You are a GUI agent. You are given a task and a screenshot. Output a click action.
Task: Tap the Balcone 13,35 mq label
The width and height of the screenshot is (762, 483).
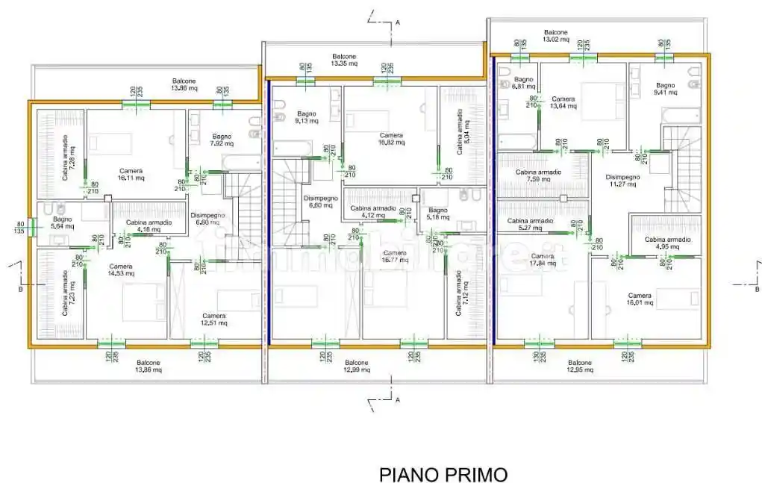(x=344, y=60)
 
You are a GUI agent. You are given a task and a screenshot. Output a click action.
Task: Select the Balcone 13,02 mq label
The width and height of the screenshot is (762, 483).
(x=555, y=37)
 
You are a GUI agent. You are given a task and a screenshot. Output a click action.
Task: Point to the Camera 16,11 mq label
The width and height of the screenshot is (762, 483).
(x=130, y=175)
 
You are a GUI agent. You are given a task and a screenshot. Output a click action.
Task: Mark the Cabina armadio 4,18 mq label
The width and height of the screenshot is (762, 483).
(x=149, y=226)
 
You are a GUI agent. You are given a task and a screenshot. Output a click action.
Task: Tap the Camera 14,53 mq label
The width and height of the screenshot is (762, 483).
(x=120, y=270)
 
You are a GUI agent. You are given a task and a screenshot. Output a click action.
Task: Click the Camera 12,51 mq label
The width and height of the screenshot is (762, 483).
(x=213, y=320)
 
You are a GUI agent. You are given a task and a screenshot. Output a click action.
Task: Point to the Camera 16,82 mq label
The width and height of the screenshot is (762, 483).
(x=391, y=139)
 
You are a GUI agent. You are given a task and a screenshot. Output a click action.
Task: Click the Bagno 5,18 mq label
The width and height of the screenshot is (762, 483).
(x=438, y=214)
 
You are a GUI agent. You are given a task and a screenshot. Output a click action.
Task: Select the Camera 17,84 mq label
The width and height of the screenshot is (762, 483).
(x=543, y=260)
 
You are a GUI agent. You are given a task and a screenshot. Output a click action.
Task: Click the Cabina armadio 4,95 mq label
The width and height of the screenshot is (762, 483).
(x=667, y=243)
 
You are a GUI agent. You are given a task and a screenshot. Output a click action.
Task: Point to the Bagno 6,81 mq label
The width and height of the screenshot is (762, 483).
(x=523, y=83)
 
